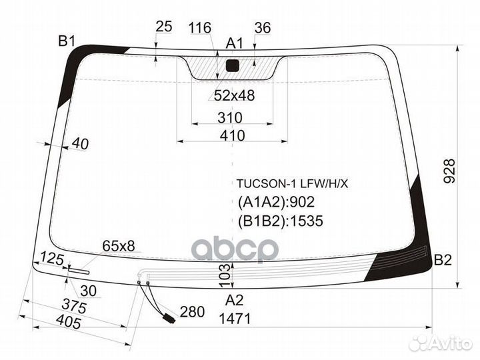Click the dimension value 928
(x=449, y=171)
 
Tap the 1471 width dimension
(x=235, y=319)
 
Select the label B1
(x=67, y=41)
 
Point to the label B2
(x=443, y=260)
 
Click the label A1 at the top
(x=234, y=43)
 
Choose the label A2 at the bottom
(x=234, y=300)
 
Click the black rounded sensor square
(x=232, y=65)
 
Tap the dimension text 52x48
(x=234, y=95)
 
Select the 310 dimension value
(x=229, y=117)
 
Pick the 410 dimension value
(x=233, y=135)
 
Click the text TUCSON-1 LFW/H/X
(x=292, y=184)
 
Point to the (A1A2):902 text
(x=277, y=202)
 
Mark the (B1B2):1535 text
(x=281, y=221)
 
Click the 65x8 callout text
(x=119, y=245)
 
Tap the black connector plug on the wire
(x=169, y=319)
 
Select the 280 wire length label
(x=192, y=312)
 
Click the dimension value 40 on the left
(x=80, y=143)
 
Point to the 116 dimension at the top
(x=199, y=28)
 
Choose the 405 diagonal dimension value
(x=69, y=322)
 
